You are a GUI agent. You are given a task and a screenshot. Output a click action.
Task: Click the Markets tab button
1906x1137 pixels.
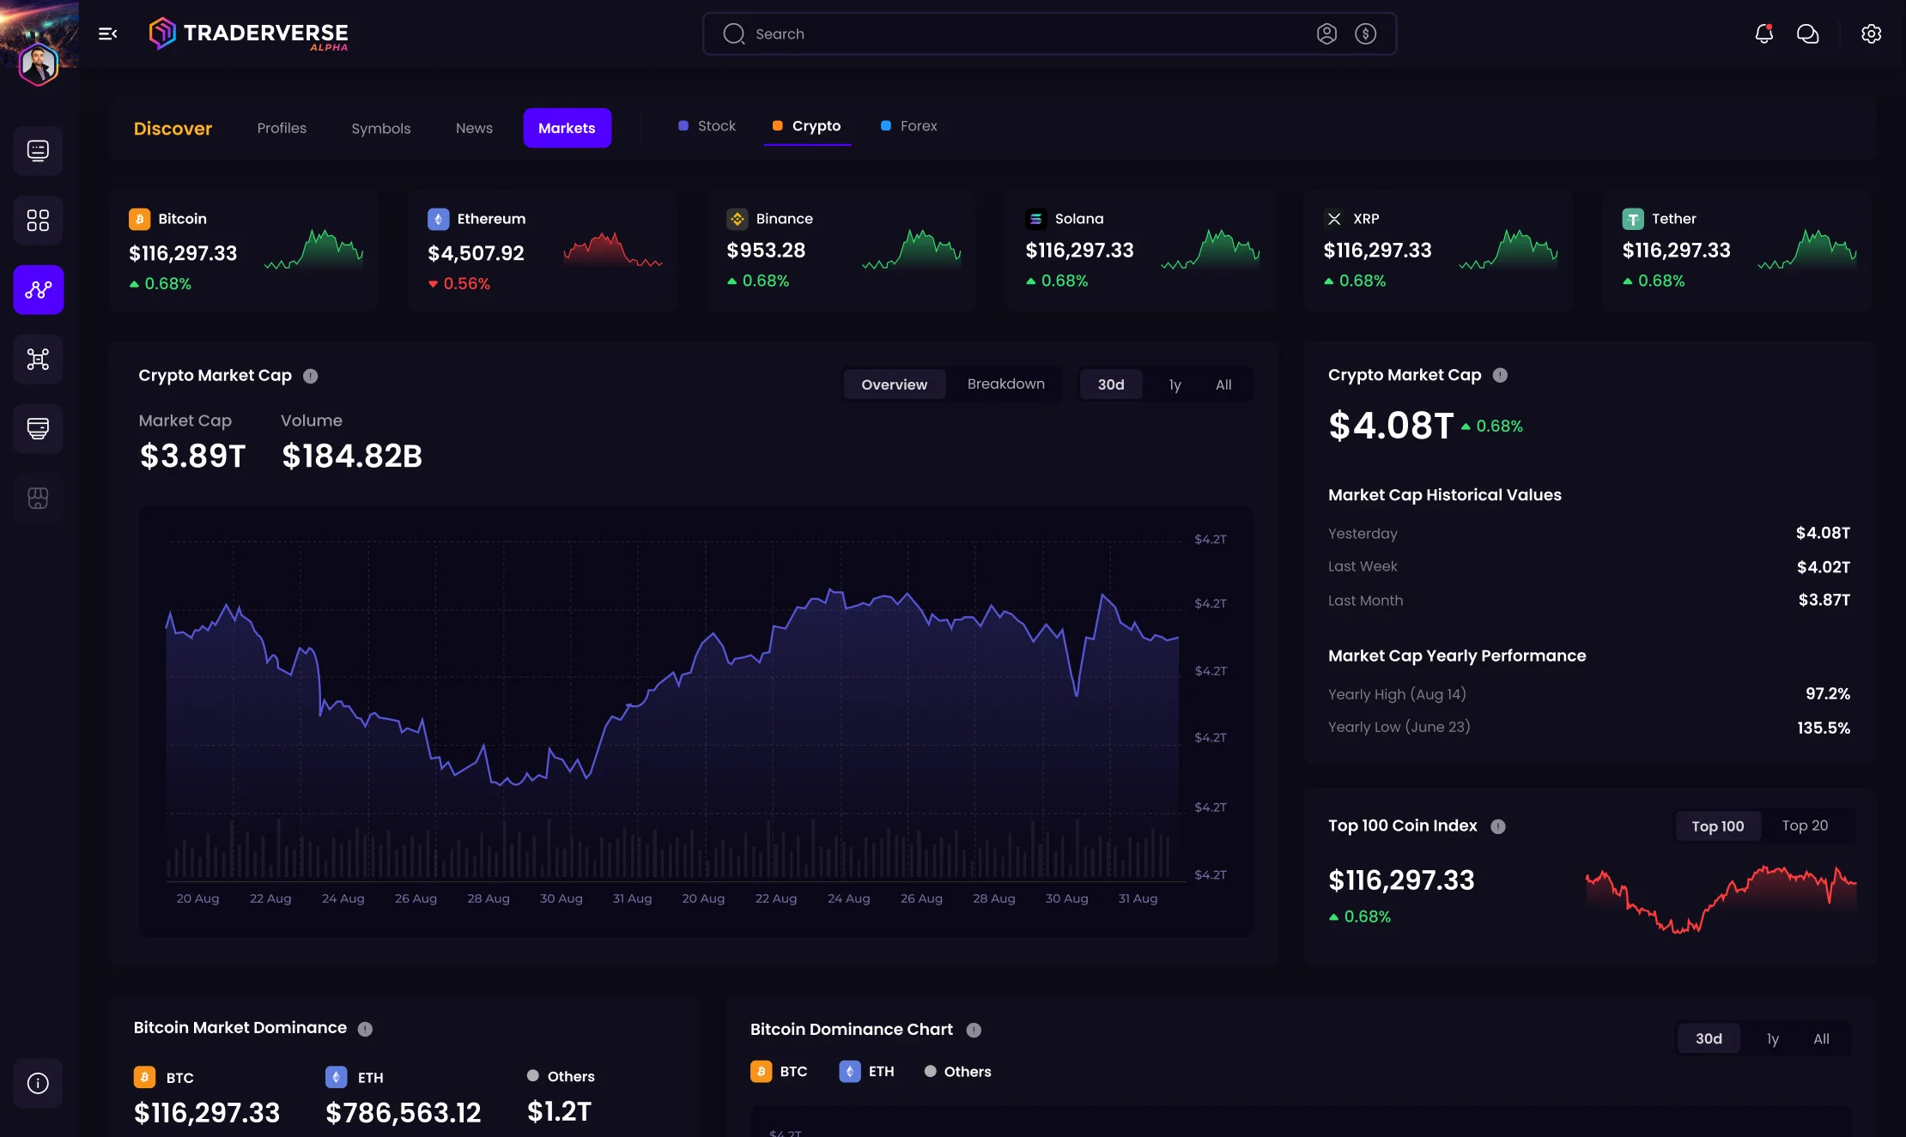[x=567, y=128]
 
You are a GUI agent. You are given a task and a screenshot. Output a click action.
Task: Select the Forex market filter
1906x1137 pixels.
[x=918, y=126]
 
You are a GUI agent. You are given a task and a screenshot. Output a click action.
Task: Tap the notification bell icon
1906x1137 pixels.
[x=1763, y=33]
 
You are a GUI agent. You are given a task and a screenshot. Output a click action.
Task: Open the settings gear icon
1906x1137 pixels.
[x=1871, y=33]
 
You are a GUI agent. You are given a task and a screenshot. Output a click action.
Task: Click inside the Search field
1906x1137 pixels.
[x=1013, y=34]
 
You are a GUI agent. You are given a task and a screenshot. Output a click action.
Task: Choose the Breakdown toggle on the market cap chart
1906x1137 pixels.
[x=1005, y=384]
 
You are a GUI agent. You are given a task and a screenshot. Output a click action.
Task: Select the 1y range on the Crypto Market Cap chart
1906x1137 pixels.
[x=1175, y=384]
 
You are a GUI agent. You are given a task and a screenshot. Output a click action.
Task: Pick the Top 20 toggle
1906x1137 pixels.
[x=1805, y=826]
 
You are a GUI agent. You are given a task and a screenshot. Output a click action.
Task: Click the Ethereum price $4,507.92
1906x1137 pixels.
[x=476, y=253]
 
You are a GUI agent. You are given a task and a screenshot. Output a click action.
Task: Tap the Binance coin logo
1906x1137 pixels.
[x=737, y=219]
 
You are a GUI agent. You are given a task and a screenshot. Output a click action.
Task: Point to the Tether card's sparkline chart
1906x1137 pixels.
[x=1806, y=250]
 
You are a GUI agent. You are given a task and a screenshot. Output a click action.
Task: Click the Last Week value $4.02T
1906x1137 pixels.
[x=1823, y=567]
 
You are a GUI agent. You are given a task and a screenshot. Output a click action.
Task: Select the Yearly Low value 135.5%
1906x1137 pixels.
[x=1823, y=728]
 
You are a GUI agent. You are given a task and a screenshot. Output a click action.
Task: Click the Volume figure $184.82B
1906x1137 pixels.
[x=352, y=456]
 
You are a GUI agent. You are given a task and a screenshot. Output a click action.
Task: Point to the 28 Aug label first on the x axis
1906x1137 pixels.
[x=488, y=898]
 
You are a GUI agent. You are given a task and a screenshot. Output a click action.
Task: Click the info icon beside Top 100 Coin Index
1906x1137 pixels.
[x=1498, y=826]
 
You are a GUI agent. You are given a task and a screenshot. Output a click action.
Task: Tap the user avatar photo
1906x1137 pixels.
[x=39, y=64]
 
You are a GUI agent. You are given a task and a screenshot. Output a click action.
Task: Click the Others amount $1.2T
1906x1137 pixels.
[x=559, y=1111]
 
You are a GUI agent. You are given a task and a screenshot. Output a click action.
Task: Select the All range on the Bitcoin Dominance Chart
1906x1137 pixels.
[x=1821, y=1038]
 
